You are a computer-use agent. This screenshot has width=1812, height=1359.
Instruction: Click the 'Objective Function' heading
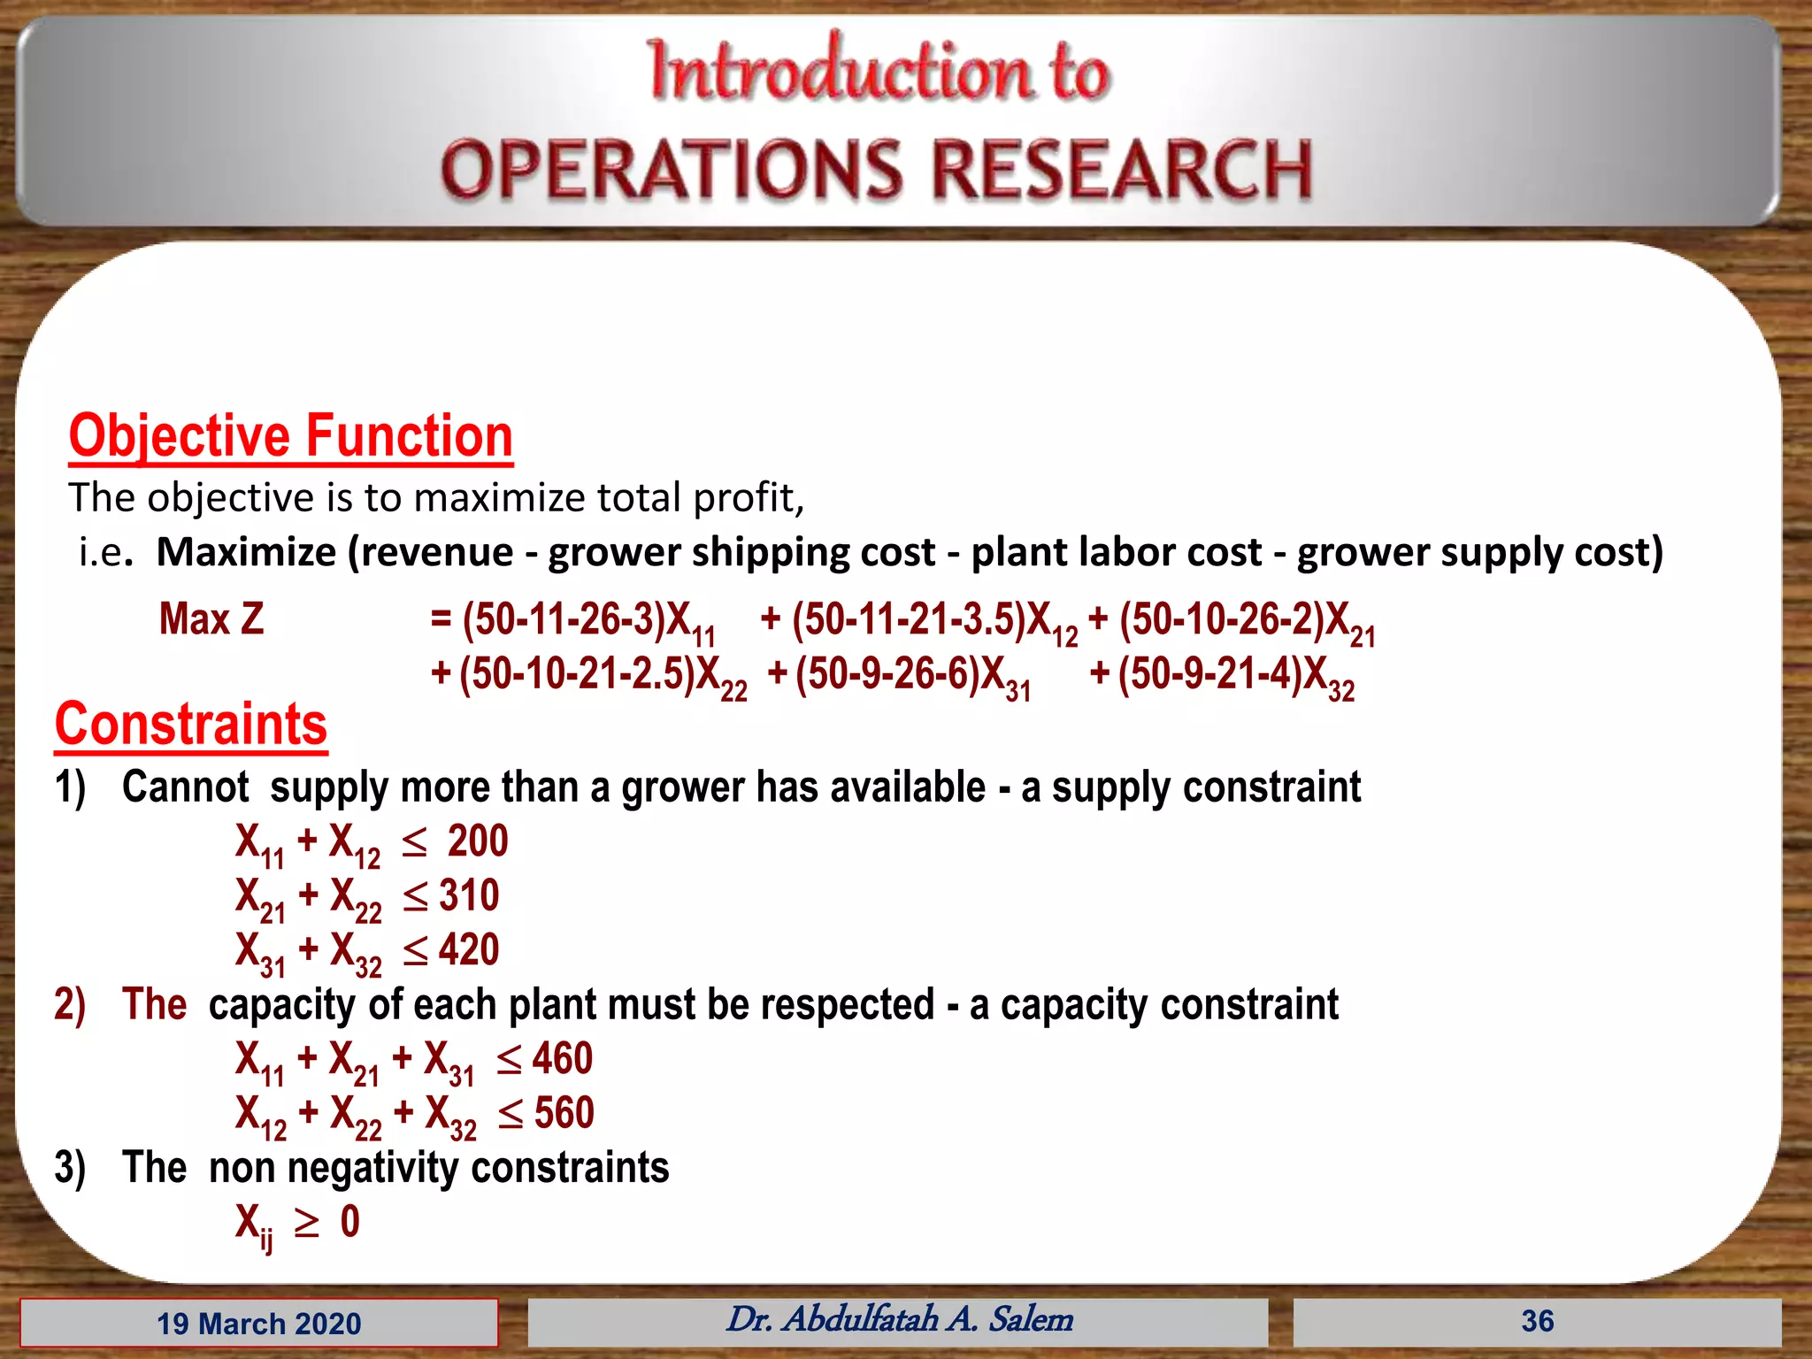click(x=290, y=436)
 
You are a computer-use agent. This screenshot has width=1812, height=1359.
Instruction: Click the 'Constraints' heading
click(x=190, y=724)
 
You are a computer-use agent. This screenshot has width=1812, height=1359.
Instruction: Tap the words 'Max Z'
click(x=211, y=618)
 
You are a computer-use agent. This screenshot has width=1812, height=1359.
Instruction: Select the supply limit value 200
click(x=478, y=841)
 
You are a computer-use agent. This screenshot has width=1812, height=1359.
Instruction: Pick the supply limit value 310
click(x=469, y=895)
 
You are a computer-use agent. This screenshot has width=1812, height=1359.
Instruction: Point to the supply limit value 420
click(x=469, y=949)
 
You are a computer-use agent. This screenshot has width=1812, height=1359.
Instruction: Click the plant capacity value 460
click(x=563, y=1058)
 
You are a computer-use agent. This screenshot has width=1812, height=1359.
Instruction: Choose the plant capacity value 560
click(x=564, y=1112)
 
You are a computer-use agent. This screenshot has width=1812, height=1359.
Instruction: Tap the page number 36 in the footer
click(x=1537, y=1321)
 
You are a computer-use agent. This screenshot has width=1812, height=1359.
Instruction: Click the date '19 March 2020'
click(x=258, y=1324)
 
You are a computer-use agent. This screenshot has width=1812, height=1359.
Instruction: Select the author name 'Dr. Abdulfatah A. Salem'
click(x=899, y=1319)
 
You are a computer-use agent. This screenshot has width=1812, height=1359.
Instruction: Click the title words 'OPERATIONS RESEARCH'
click(x=876, y=169)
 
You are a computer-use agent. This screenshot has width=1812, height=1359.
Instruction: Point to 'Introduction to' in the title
click(x=878, y=71)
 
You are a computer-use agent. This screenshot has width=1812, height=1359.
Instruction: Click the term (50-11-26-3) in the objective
click(x=564, y=618)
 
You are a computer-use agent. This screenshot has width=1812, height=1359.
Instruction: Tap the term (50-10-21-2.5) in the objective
click(x=577, y=673)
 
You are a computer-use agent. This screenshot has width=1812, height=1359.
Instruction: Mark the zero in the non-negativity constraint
click(x=350, y=1222)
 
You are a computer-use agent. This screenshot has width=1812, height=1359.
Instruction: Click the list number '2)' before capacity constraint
click(x=70, y=1005)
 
